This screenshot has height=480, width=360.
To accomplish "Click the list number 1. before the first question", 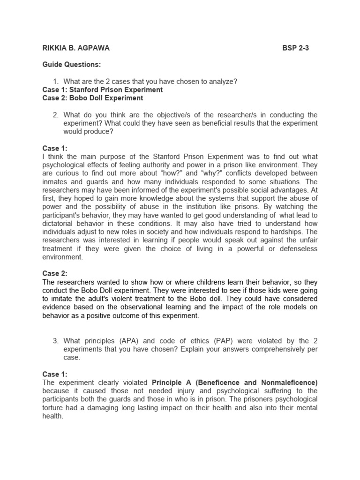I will (55, 82).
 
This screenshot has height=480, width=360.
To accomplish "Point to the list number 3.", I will (55, 341).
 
